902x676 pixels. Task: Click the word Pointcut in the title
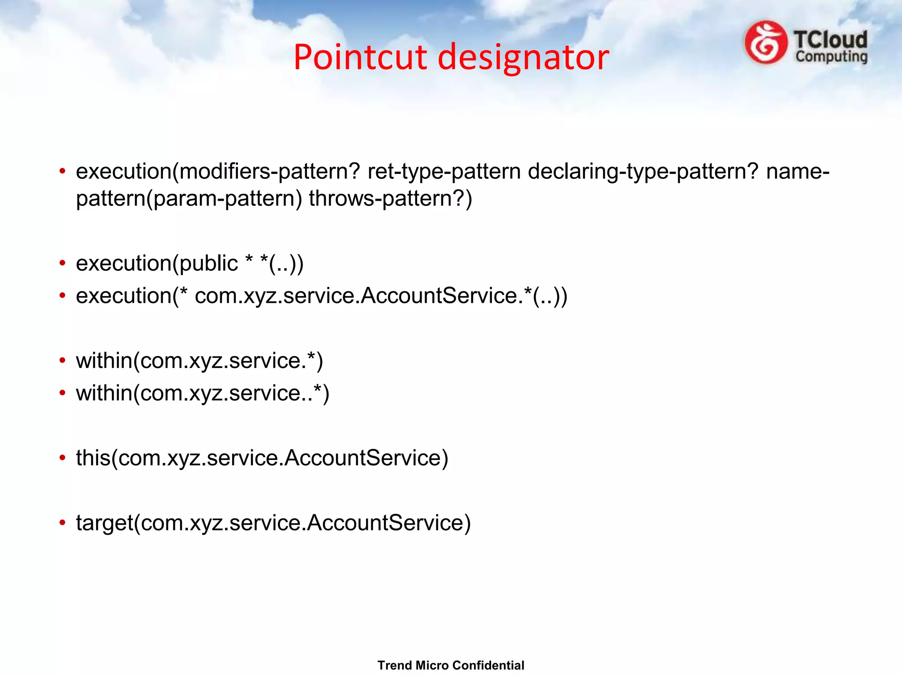tap(360, 57)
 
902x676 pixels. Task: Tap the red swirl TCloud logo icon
tap(766, 43)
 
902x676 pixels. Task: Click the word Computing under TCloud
tap(831, 57)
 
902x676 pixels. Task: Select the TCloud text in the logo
tap(830, 40)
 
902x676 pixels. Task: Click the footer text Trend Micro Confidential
tap(451, 665)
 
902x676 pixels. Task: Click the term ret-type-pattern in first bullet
tap(444, 171)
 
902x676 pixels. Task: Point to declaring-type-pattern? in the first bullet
tap(643, 171)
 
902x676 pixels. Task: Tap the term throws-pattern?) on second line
tap(390, 198)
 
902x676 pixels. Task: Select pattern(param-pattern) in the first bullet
tap(189, 198)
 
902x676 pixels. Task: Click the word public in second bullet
tap(208, 263)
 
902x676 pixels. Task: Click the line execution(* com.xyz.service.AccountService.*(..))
tap(322, 296)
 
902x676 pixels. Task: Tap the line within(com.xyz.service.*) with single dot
tap(199, 361)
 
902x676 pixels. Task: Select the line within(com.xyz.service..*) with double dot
tap(203, 393)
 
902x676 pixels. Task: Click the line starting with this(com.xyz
tap(262, 458)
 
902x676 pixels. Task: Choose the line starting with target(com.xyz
tap(273, 523)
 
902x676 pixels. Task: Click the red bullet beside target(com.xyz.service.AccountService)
tap(63, 523)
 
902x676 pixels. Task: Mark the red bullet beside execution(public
tap(63, 263)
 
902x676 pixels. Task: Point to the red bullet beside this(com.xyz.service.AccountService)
tap(63, 458)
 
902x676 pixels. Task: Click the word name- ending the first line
tap(798, 171)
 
